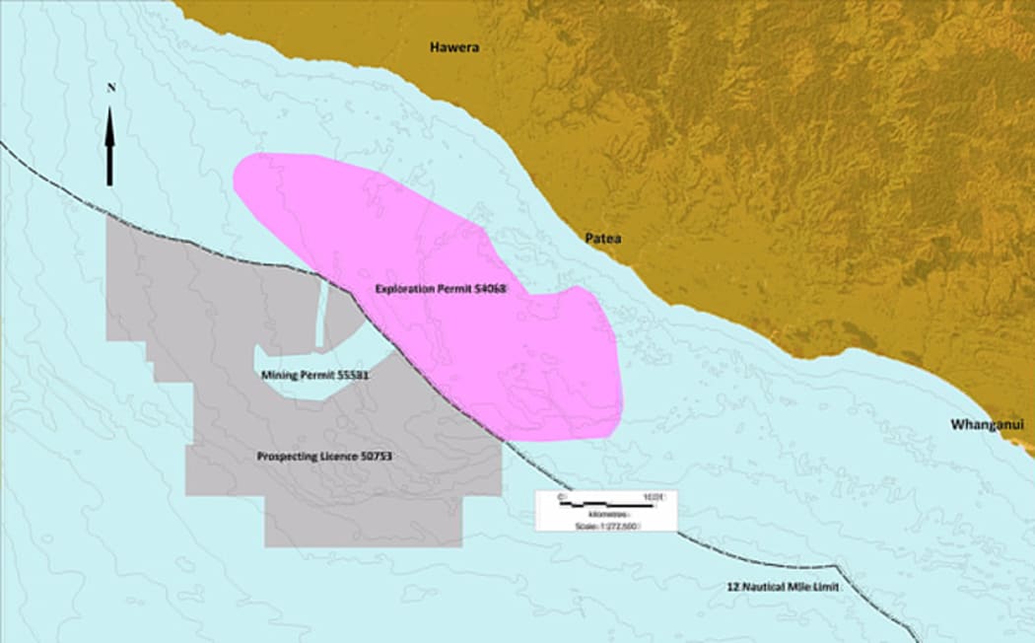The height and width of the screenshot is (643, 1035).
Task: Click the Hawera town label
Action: tap(454, 46)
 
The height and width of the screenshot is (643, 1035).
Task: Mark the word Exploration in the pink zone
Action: tap(409, 290)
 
